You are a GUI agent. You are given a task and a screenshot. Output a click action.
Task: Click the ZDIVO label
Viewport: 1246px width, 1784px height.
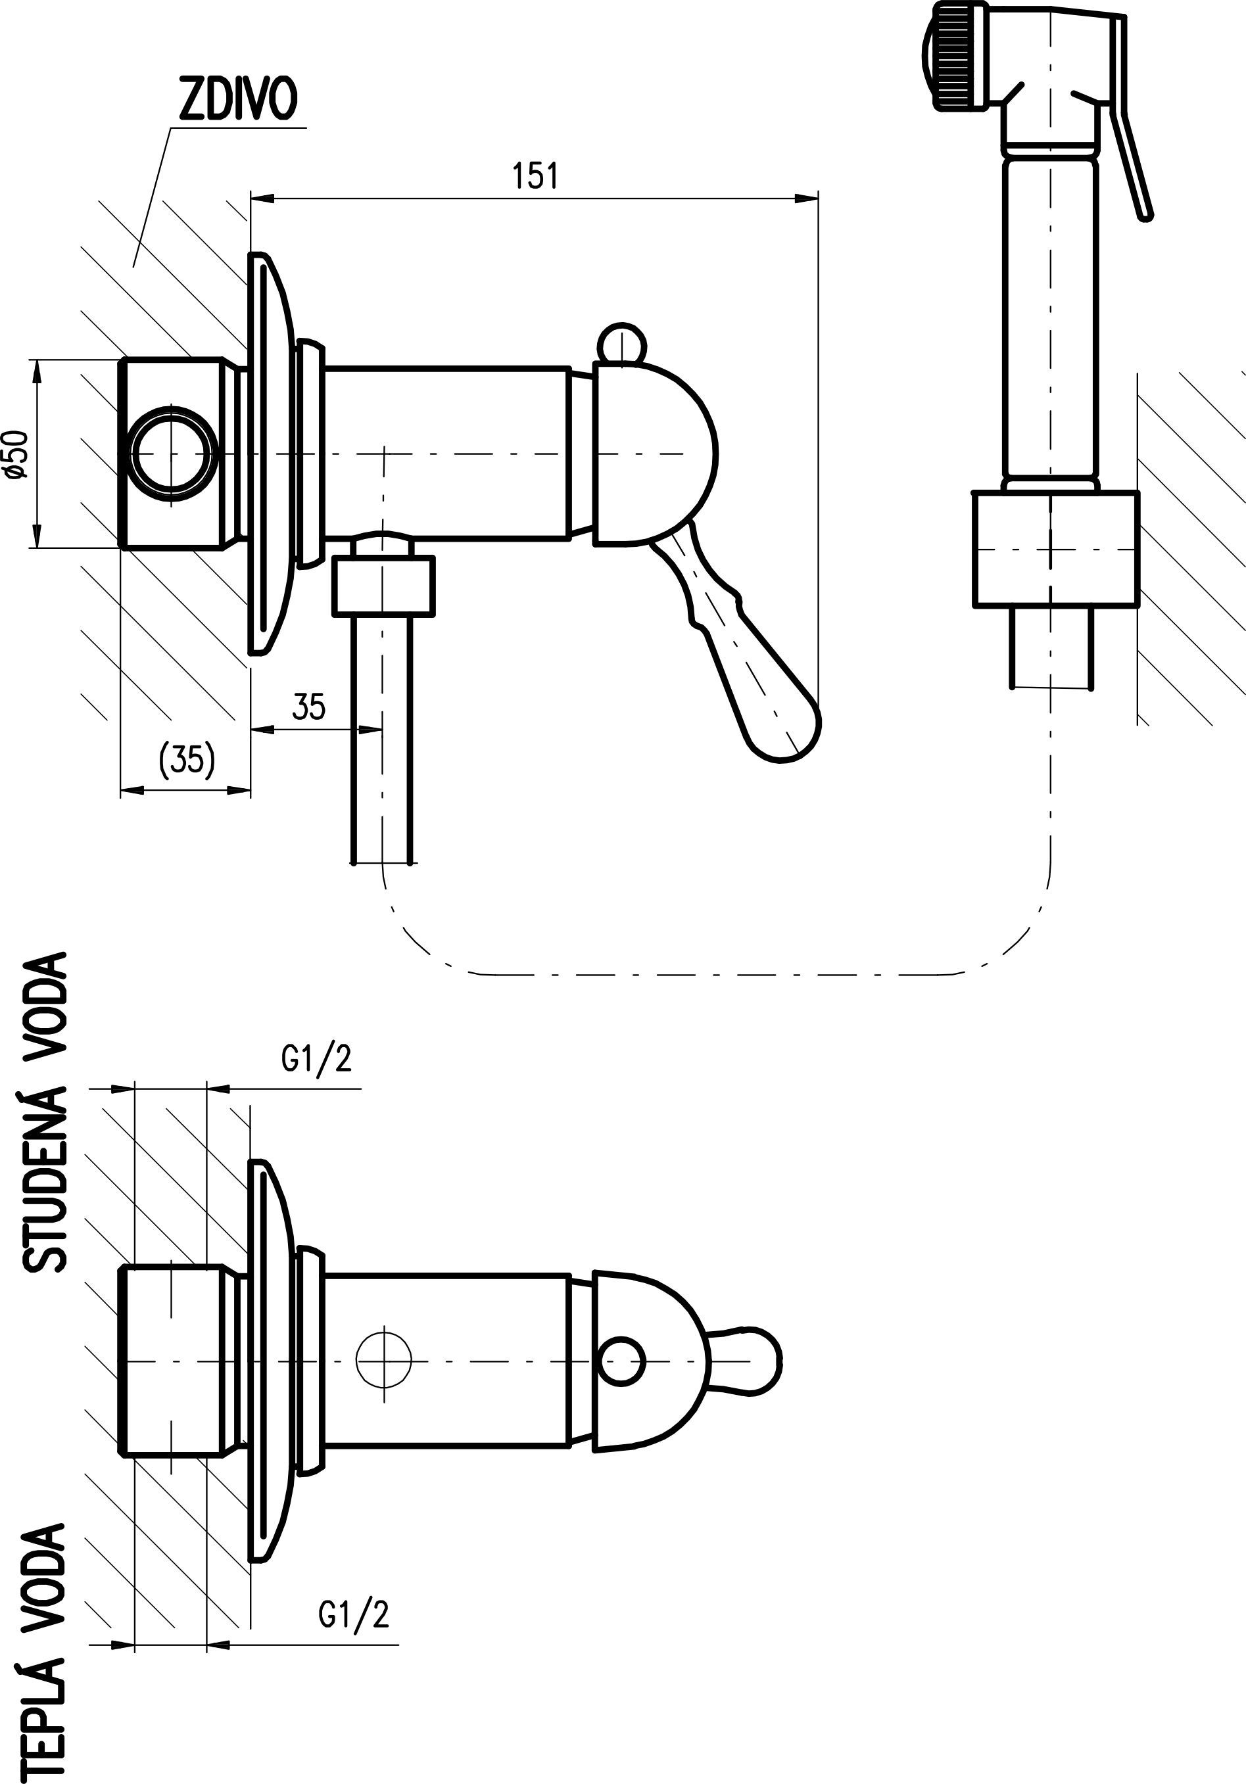[238, 100]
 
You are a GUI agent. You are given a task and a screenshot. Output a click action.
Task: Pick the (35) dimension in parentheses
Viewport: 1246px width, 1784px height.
[187, 759]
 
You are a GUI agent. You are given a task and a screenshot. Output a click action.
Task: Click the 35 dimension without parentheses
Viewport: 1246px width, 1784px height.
[308, 707]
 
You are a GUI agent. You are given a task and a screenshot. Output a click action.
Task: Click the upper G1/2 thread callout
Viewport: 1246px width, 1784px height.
[316, 1058]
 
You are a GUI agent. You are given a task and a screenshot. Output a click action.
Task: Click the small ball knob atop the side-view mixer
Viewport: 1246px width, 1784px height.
[621, 343]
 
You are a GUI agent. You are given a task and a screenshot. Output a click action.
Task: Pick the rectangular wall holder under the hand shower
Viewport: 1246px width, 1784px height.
[1055, 549]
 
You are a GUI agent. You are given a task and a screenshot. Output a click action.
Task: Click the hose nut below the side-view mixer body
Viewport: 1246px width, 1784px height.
[383, 585]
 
